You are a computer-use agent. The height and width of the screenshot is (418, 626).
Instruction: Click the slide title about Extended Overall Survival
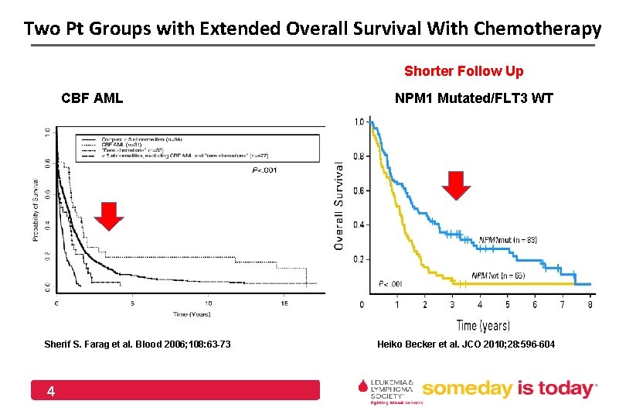[x=312, y=29]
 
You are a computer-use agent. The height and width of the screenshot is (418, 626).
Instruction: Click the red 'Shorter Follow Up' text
[x=464, y=71]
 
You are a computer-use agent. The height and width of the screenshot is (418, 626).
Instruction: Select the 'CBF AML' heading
[x=92, y=98]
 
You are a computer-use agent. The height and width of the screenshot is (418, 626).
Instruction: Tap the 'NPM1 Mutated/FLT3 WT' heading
[x=474, y=98]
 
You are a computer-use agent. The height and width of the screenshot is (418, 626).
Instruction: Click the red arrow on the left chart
[x=109, y=216]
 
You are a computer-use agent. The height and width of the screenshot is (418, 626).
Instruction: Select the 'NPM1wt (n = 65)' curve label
[x=502, y=276]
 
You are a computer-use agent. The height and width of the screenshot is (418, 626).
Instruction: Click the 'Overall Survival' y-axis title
[x=339, y=204]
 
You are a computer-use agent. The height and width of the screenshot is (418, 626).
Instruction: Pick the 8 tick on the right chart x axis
[x=591, y=304]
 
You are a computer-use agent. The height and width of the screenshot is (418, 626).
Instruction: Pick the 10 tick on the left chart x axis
[x=209, y=303]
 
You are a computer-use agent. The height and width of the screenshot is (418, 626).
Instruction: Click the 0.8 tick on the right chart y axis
[x=360, y=156]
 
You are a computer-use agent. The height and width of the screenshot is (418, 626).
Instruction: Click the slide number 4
[x=50, y=392]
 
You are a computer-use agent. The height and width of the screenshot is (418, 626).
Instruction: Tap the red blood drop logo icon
[x=362, y=386]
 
